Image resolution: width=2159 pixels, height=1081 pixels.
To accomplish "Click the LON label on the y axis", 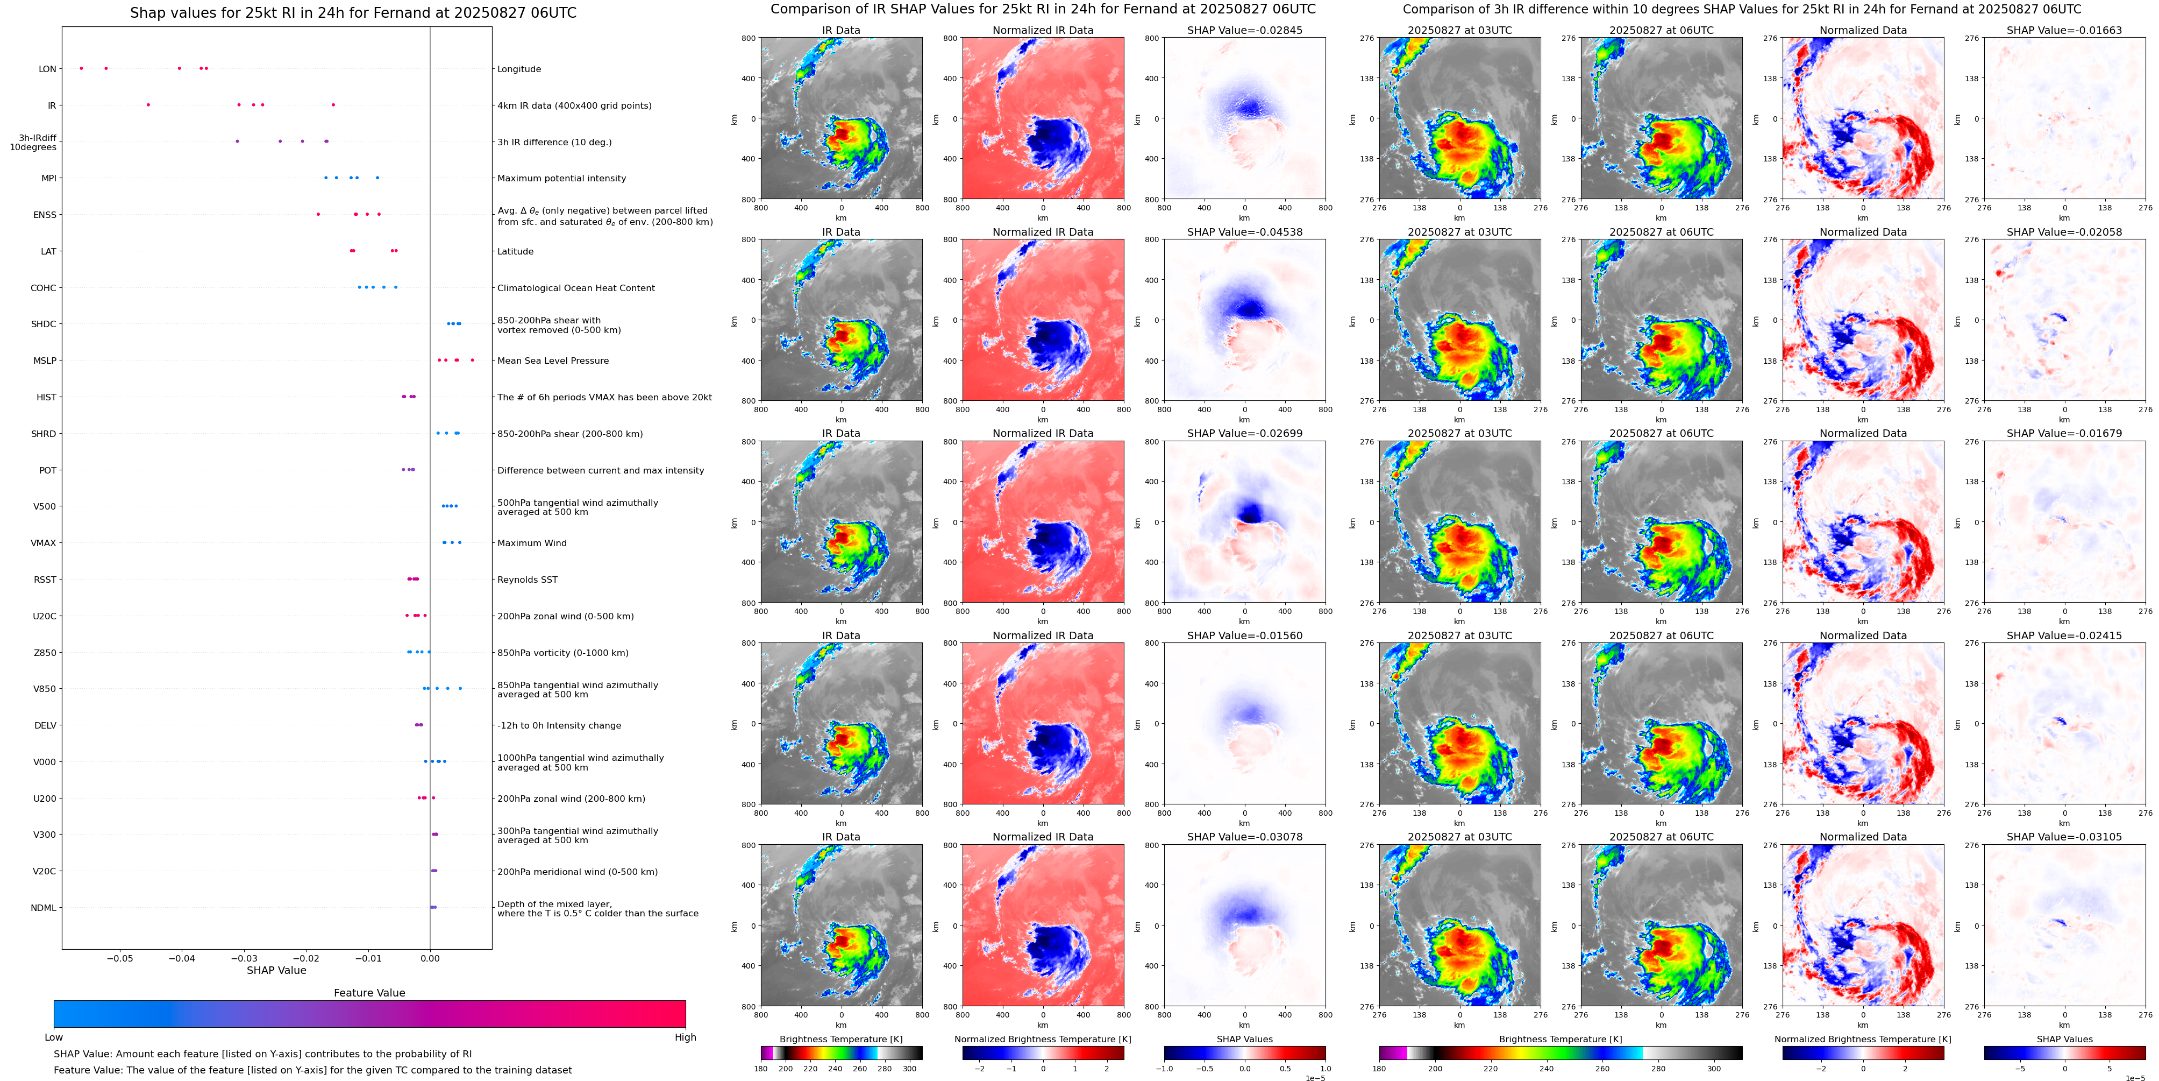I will pos(48,69).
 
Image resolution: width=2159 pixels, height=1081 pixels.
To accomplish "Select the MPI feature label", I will pos(48,178).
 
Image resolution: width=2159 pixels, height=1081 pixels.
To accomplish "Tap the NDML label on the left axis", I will pos(44,907).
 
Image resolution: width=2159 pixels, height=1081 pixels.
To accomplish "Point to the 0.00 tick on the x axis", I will pos(430,958).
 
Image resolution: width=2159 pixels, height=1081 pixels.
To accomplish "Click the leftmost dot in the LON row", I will pos(81,68).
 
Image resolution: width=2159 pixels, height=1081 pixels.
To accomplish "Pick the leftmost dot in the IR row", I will pos(148,105).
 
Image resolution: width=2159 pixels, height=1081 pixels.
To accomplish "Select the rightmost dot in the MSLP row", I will pos(473,360).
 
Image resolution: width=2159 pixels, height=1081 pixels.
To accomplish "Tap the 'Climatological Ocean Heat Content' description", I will pos(576,288).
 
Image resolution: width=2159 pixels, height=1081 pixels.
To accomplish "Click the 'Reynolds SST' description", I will pos(527,580).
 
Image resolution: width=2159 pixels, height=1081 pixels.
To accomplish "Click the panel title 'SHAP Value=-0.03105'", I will pos(2064,837).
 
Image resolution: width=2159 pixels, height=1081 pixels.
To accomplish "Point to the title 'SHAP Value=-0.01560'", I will pos(1245,635).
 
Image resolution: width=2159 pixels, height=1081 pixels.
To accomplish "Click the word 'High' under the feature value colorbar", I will pos(686,1037).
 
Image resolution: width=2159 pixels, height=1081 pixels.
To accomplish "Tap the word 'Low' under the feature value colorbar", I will pos(54,1037).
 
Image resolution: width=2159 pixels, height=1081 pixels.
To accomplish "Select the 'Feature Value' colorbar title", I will pos(369,993).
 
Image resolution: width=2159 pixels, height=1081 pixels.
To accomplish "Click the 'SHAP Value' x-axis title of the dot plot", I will pos(276,970).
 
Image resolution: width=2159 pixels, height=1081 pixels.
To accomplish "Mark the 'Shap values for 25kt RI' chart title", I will pos(353,12).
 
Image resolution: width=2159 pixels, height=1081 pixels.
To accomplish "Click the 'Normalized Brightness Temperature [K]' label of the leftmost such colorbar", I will pos(1043,1039).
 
